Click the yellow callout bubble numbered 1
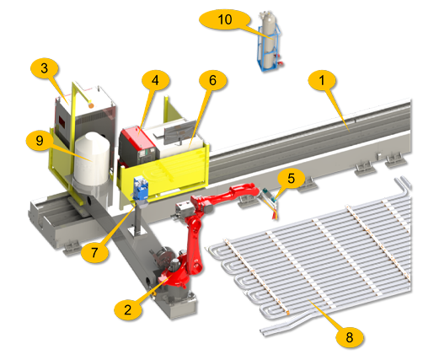point(322,81)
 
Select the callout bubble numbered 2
point(128,309)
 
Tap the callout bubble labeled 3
point(45,68)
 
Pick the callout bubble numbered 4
point(155,80)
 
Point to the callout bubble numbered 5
point(291,179)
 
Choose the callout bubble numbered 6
point(212,81)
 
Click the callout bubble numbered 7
point(94,252)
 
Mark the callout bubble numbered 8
point(350,337)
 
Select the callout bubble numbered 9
point(40,140)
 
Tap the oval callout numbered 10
point(225,19)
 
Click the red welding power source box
point(137,146)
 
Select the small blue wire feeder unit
point(141,189)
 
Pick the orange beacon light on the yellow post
point(90,105)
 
